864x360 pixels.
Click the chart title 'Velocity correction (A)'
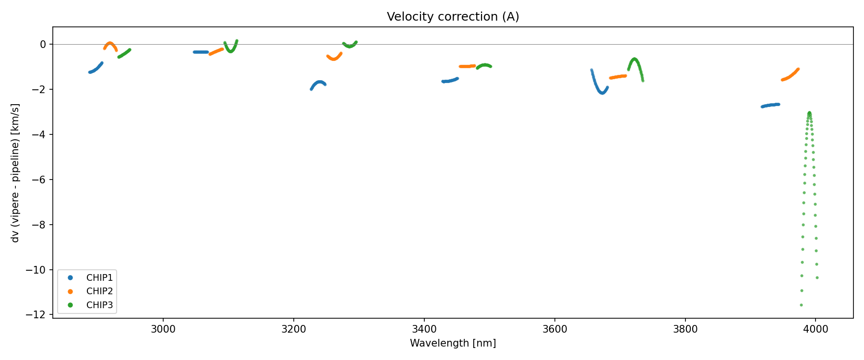click(453, 17)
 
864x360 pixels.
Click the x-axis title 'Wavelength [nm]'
click(453, 343)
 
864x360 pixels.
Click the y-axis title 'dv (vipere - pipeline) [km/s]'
click(15, 173)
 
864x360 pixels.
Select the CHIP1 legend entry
click(99, 277)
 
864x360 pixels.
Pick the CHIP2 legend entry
click(99, 291)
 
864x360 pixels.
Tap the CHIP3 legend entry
click(99, 305)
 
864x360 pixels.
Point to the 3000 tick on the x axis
click(163, 329)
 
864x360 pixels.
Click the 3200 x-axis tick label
click(294, 329)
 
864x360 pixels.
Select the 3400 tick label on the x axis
click(424, 329)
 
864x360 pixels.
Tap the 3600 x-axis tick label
click(554, 329)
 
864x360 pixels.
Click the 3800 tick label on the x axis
click(685, 329)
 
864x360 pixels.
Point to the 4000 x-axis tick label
click(816, 329)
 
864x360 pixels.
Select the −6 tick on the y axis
click(39, 180)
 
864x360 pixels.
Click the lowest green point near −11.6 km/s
click(801, 305)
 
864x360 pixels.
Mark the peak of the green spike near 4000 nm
click(809, 113)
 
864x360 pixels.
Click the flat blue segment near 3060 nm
click(201, 52)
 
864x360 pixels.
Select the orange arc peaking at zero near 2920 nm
click(110, 43)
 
